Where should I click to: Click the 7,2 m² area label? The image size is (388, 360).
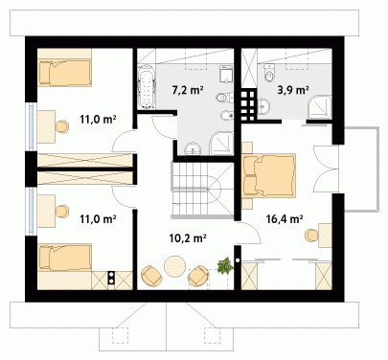click(x=188, y=91)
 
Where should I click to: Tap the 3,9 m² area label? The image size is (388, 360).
click(x=292, y=90)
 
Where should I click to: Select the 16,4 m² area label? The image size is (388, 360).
click(x=285, y=219)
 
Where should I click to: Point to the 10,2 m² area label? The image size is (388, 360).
click(x=188, y=237)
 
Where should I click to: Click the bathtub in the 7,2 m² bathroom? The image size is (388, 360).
click(x=147, y=87)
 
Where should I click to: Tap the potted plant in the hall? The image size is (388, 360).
click(x=225, y=265)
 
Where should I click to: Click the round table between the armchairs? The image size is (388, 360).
click(x=174, y=266)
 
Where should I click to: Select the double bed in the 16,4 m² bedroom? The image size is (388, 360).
click(x=268, y=175)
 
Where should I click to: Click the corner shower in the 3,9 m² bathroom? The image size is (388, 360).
click(x=320, y=106)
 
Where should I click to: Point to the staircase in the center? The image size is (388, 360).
click(x=203, y=190)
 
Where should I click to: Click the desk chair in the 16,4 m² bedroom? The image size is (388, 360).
click(x=311, y=236)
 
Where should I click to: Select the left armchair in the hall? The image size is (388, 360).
click(x=151, y=276)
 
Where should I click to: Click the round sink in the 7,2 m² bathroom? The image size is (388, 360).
click(x=193, y=148)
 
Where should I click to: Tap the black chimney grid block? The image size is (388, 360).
click(x=248, y=105)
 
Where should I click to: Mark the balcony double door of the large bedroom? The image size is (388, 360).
click(x=326, y=169)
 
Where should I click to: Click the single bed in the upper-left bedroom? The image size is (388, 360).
click(x=65, y=73)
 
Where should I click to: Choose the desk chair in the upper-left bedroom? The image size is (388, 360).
click(x=62, y=126)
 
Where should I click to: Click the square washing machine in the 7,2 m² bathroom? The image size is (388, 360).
click(x=226, y=75)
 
